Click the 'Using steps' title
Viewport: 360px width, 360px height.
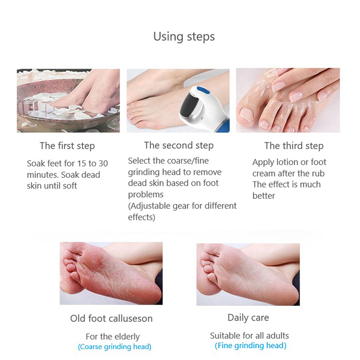click(x=184, y=37)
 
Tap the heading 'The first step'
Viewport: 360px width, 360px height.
click(x=67, y=146)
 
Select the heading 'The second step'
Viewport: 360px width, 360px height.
click(x=179, y=145)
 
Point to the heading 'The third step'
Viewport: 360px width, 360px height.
click(x=294, y=146)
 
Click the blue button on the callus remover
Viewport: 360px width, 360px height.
click(x=203, y=90)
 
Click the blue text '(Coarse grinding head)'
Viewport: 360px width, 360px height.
click(x=115, y=346)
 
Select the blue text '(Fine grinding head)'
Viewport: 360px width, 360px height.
click(x=251, y=346)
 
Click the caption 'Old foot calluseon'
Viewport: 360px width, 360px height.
click(x=111, y=319)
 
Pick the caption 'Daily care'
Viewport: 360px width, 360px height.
click(x=248, y=318)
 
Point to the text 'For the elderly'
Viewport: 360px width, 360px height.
click(x=113, y=337)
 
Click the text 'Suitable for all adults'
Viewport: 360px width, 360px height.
click(x=249, y=336)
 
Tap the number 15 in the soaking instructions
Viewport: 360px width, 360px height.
click(x=81, y=163)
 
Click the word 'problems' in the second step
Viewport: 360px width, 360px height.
click(x=146, y=195)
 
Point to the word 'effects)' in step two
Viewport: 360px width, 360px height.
click(x=142, y=217)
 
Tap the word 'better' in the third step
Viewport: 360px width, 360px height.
click(x=264, y=196)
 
